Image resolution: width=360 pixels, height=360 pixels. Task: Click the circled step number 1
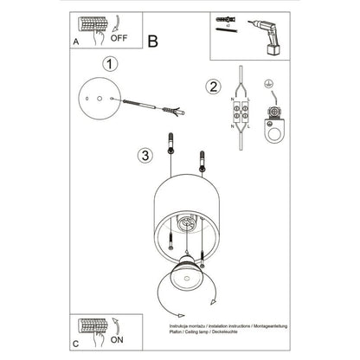click(109, 64)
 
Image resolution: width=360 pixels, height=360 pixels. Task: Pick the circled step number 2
click(213, 86)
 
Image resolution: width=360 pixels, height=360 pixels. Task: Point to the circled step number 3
click(145, 156)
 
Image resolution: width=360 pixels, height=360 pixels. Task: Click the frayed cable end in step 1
click(177, 111)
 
